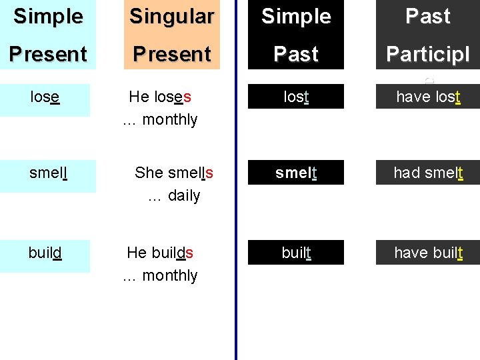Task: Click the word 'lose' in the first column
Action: (45, 97)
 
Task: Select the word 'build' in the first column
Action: (45, 253)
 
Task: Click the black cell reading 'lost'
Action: (296, 97)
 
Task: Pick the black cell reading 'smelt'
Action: (296, 173)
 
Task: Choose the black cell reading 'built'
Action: (296, 253)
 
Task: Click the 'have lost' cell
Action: (429, 97)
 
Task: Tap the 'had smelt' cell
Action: (428, 173)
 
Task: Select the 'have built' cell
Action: (428, 253)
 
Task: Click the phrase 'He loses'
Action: (160, 97)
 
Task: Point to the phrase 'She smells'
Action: (174, 173)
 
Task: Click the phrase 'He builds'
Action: (160, 253)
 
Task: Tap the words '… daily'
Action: (173, 196)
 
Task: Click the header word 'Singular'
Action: (172, 17)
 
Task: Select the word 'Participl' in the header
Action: (428, 54)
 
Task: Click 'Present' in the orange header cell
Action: (172, 54)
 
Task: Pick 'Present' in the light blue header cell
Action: (48, 54)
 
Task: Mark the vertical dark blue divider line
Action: (236, 200)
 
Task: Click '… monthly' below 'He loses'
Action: (160, 120)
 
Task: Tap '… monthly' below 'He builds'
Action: (160, 275)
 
